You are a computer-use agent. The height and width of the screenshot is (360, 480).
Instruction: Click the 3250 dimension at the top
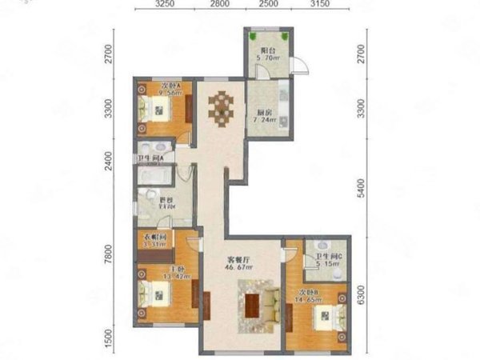tap(166, 5)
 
